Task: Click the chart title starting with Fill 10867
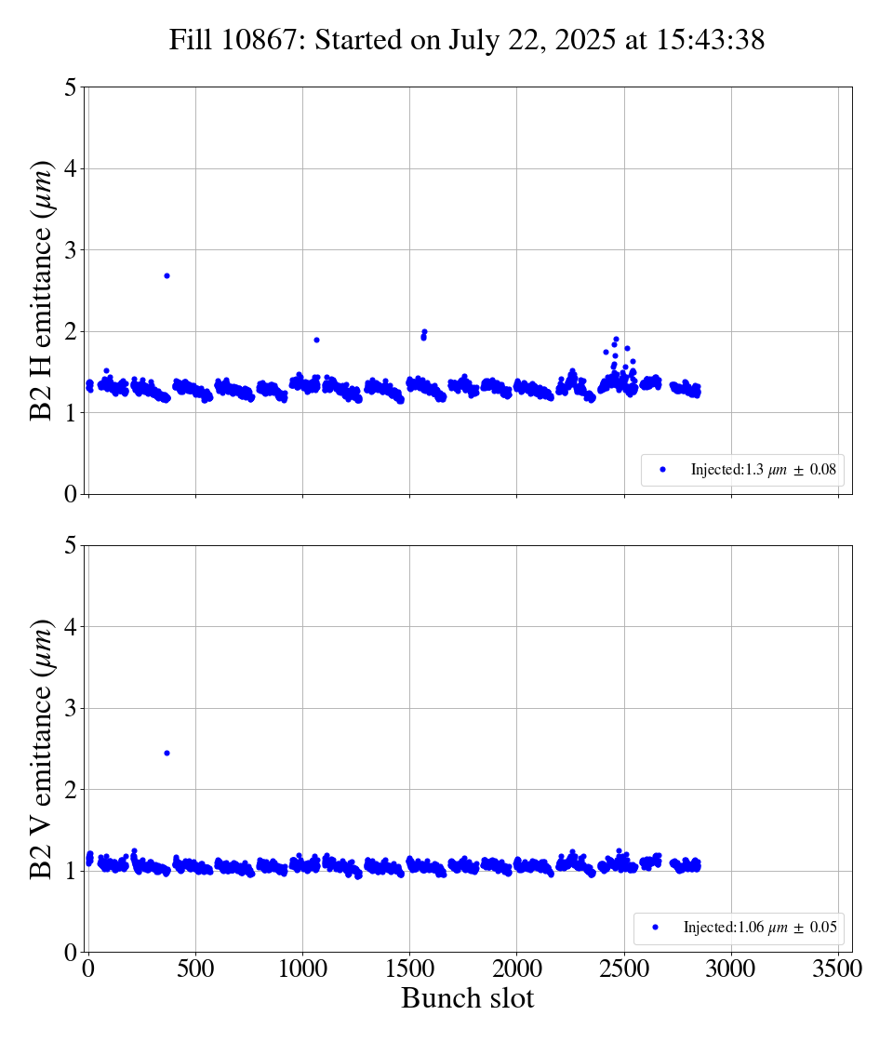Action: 467,40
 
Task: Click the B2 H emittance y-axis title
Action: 43,290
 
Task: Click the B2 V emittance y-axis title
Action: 43,748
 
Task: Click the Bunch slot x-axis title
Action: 467,998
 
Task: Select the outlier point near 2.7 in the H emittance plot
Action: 167,275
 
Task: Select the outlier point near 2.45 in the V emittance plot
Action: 167,753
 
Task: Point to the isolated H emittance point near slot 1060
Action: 316,340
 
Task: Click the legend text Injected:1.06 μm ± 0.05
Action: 759,928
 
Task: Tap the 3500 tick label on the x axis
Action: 838,969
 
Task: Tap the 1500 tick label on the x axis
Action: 409,969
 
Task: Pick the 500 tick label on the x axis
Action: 195,969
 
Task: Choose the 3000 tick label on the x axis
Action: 731,969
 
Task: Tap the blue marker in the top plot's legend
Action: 662,470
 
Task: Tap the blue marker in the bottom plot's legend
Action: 655,928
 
